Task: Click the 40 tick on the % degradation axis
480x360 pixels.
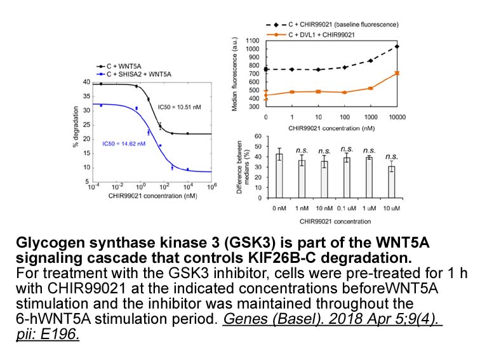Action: click(86, 82)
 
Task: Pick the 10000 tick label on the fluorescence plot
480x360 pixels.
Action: click(397, 117)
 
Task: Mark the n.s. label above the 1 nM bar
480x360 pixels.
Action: click(301, 150)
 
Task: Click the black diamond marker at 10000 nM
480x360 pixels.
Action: click(397, 46)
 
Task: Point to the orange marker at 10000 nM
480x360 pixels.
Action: click(397, 73)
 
